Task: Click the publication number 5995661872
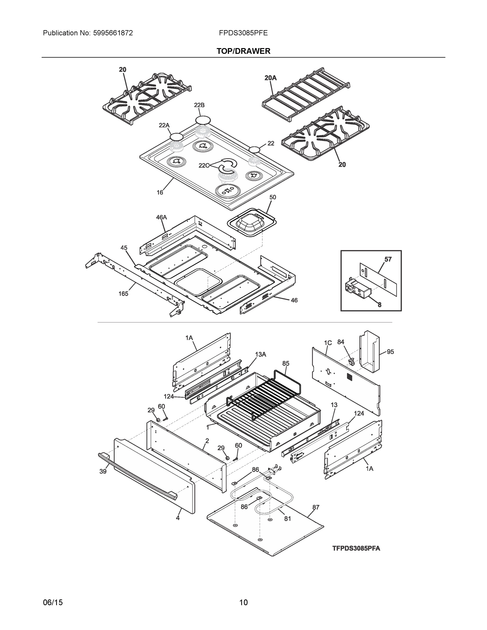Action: [113, 33]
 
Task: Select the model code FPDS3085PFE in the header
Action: [243, 33]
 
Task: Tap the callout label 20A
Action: [270, 78]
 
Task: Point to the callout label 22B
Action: [199, 105]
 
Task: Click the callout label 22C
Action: [204, 166]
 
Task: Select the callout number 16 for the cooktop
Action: [160, 192]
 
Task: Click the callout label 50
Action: [273, 197]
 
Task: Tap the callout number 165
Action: [123, 294]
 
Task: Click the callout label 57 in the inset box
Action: [388, 259]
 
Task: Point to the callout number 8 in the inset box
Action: [379, 304]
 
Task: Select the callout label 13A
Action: [260, 355]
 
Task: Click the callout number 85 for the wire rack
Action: [286, 364]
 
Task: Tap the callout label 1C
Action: [328, 343]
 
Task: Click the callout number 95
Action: [390, 352]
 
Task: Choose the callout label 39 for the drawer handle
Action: [103, 471]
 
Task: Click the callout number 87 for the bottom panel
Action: [316, 507]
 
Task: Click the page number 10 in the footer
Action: [244, 602]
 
